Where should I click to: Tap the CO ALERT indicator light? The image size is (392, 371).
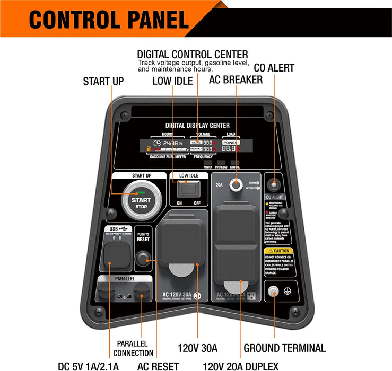pyautogui.click(x=273, y=185)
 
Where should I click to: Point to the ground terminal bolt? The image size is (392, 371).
pyautogui.click(x=273, y=291)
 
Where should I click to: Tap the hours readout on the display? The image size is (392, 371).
pyautogui.click(x=169, y=143)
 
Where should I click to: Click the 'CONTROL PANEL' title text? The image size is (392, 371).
pyautogui.click(x=109, y=20)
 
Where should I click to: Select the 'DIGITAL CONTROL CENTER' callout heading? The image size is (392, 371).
pyautogui.click(x=192, y=55)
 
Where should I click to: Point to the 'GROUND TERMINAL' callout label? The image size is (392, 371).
pyautogui.click(x=284, y=348)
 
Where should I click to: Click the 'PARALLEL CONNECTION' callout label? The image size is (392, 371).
pyautogui.click(x=133, y=348)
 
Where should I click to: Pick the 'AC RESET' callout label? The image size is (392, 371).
pyautogui.click(x=158, y=366)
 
